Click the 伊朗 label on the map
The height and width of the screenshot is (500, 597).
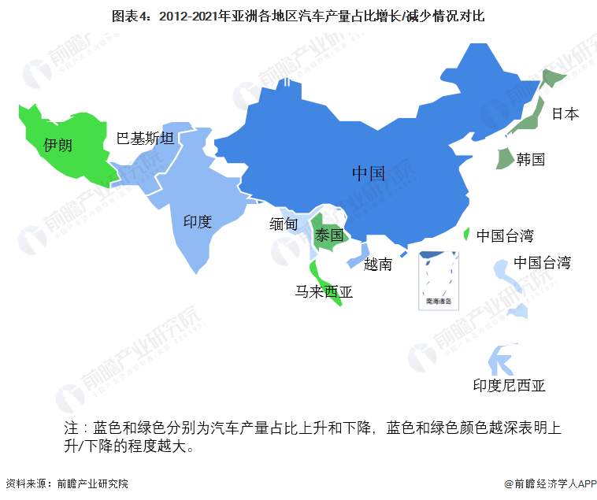click(58, 145)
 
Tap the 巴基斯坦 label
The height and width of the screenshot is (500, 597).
click(146, 139)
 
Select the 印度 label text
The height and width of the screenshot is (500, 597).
click(198, 221)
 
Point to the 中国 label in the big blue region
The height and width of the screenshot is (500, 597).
click(368, 173)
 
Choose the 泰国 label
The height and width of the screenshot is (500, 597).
click(329, 235)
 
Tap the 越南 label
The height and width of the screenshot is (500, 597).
click(378, 265)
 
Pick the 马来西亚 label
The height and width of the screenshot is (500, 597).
click(324, 292)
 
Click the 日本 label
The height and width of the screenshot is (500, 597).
click(565, 113)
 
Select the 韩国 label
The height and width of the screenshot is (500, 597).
click(531, 159)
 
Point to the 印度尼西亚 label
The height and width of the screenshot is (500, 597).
click(509, 385)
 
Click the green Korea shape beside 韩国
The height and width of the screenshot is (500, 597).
click(502, 157)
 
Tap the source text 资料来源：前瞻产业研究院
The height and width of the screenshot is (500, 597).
click(67, 483)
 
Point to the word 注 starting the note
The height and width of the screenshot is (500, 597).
click(71, 428)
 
